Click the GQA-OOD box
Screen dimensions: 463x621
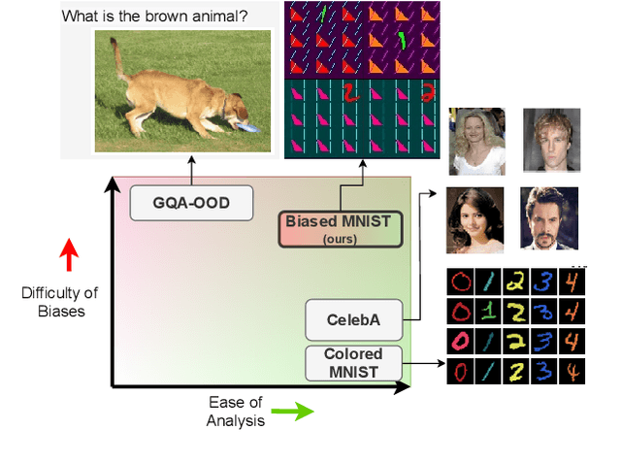tap(191, 203)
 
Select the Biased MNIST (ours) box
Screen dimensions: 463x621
tap(338, 228)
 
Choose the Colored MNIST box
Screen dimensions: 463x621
tap(352, 363)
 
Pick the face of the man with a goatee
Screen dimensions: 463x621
tap(549, 219)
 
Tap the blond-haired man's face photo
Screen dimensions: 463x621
tap(551, 139)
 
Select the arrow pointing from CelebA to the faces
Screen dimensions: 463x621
tap(424, 252)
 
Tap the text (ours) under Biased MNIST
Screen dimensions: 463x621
tap(338, 237)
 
